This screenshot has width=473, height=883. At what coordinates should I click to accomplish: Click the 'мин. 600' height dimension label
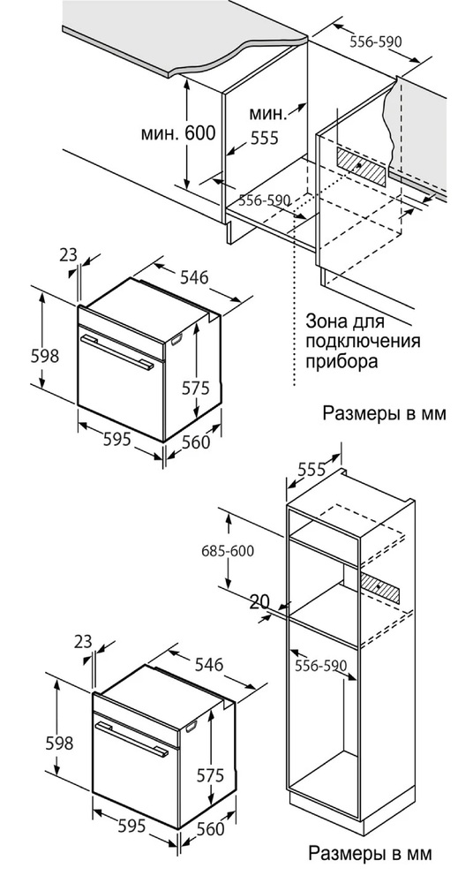tap(178, 133)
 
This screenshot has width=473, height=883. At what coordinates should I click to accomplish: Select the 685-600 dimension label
tap(228, 551)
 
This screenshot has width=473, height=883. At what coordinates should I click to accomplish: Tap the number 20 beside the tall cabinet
tap(259, 602)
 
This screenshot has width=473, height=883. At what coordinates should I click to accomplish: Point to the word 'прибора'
tap(342, 361)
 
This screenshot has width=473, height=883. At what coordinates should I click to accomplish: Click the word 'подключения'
tap(364, 341)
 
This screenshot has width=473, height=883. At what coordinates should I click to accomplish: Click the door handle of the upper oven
tap(116, 352)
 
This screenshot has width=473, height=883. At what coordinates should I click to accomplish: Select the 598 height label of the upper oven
tap(45, 356)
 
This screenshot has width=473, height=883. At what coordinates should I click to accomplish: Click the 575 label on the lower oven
tap(211, 775)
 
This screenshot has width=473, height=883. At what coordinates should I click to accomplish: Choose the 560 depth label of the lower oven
tap(210, 828)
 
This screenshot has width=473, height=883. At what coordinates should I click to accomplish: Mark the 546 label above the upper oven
tap(194, 277)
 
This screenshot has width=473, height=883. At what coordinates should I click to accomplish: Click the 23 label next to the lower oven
tap(83, 641)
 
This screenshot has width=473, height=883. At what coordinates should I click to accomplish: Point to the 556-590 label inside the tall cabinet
tap(320, 666)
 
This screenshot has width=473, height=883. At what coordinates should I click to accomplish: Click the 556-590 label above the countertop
tap(375, 42)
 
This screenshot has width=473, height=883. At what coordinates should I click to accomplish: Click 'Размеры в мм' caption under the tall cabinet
tap(371, 853)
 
